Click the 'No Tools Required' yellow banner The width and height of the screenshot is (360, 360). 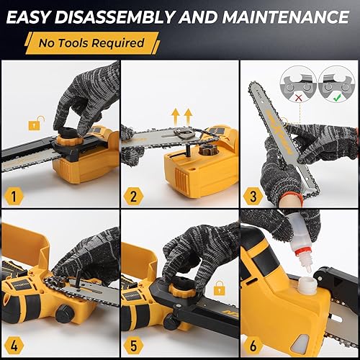click(90, 42)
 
